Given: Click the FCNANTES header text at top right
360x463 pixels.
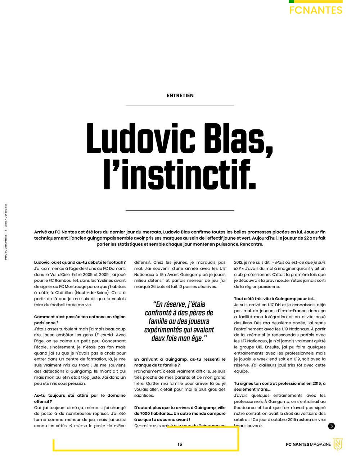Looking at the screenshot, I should tap(316, 10).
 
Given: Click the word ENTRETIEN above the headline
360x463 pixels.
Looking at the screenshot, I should tap(180, 95).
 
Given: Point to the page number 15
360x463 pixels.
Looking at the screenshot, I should tap(180, 444).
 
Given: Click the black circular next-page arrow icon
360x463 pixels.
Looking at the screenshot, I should tap(332, 426).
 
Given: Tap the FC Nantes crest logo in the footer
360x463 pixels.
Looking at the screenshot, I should tap(338, 444).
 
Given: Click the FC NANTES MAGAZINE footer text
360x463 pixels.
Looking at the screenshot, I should tap(308, 444).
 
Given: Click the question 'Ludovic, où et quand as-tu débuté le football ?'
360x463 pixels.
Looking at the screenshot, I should tap(80, 262).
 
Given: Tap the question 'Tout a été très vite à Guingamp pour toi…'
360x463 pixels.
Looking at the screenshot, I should tap(275, 298).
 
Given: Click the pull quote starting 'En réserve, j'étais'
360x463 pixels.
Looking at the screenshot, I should tap(179, 321).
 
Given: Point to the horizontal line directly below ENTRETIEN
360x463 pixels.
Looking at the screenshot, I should tap(180, 106).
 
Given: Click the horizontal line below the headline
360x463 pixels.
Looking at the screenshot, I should tap(180, 210).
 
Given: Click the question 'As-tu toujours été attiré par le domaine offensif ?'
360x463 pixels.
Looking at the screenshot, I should tap(80, 398).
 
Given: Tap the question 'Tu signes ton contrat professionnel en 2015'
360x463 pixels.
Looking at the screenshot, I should tap(280, 386).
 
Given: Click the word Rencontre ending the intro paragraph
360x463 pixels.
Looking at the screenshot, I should tap(251, 244).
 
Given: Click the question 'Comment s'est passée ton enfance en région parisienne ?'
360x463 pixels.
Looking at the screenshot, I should tap(80, 320).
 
